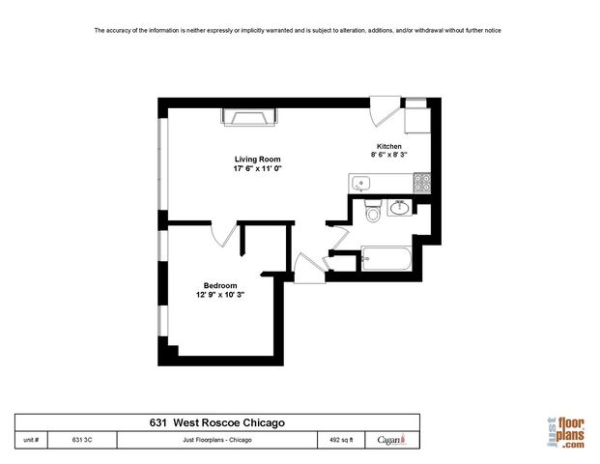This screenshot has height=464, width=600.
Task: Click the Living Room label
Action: (x=258, y=159)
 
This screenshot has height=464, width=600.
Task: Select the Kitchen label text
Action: (x=388, y=146)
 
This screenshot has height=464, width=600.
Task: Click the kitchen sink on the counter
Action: (x=362, y=182)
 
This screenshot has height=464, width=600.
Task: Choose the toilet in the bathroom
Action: (x=372, y=212)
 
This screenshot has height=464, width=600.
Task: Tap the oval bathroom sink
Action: (x=398, y=207)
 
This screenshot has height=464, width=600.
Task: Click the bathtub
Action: (x=386, y=260)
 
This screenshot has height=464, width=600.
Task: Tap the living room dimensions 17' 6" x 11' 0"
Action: (x=258, y=168)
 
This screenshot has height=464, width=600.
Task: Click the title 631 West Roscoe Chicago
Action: (x=216, y=422)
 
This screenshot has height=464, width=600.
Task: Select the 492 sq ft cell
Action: (x=341, y=440)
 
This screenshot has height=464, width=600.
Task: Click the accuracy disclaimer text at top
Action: (x=297, y=31)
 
